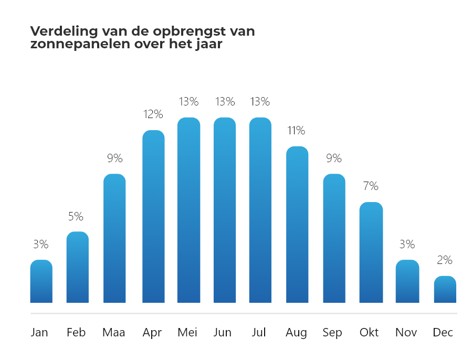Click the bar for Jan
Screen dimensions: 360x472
pyautogui.click(x=41, y=281)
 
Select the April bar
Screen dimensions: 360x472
pyautogui.click(x=153, y=216)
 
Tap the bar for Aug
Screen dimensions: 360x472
pyautogui.click(x=297, y=225)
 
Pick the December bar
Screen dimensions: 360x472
pyautogui.click(x=445, y=290)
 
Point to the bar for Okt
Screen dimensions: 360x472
pyautogui.click(x=371, y=252)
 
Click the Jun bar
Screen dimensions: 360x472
pyautogui.click(x=224, y=210)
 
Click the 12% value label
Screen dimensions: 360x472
pyautogui.click(x=153, y=114)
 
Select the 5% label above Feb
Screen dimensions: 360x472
pyautogui.click(x=78, y=216)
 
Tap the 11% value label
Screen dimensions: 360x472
pyautogui.click(x=297, y=131)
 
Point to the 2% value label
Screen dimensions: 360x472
pyautogui.click(x=445, y=260)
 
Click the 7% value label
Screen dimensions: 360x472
pyautogui.click(x=371, y=186)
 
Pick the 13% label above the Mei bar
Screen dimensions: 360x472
pyautogui.click(x=188, y=101)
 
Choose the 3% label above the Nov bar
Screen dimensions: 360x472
pyautogui.click(x=407, y=244)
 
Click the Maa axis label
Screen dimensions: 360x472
pyautogui.click(x=114, y=333)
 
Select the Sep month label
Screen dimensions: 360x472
pyautogui.click(x=332, y=333)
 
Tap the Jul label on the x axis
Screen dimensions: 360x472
pyautogui.click(x=259, y=333)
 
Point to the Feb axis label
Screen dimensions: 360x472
pyautogui.click(x=77, y=333)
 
